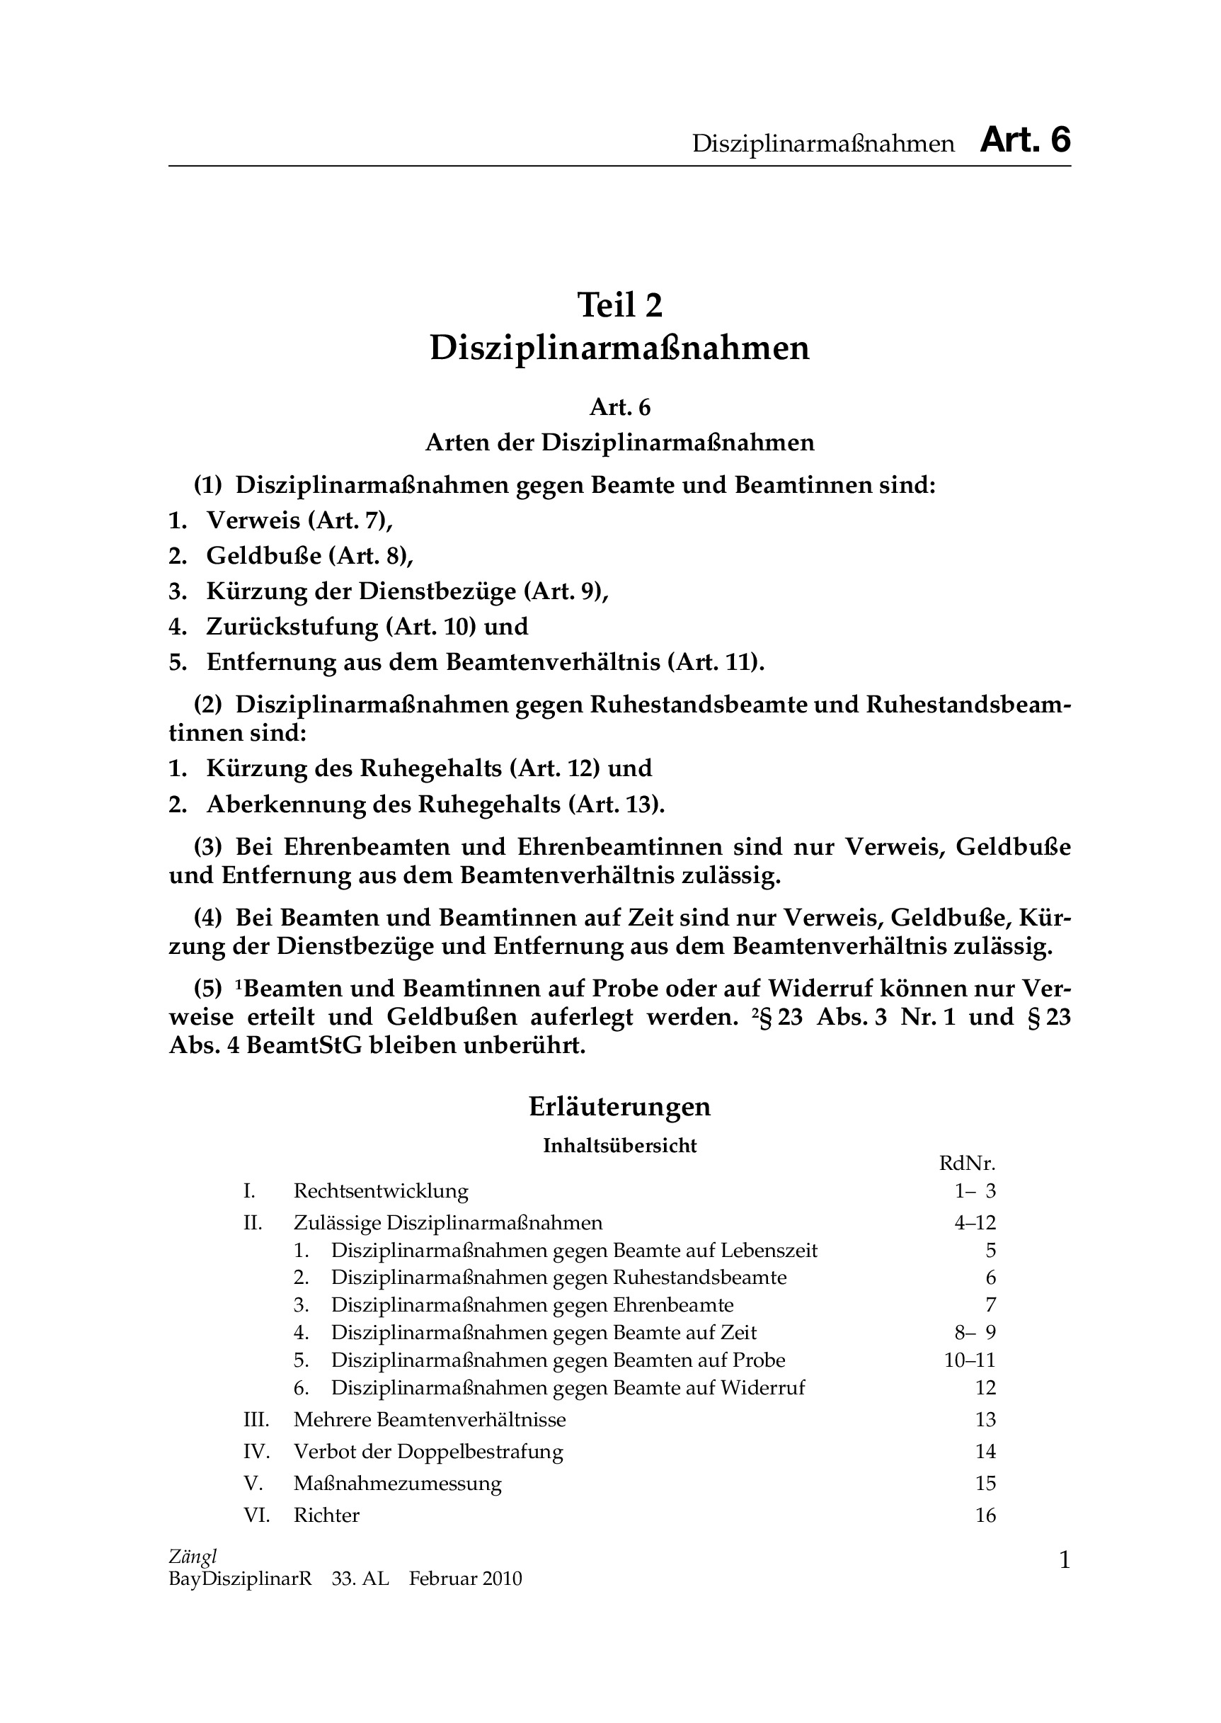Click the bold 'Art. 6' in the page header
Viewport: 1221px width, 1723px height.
click(1025, 141)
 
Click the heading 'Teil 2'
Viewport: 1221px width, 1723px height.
click(619, 305)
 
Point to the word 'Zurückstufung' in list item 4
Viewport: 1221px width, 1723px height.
click(292, 627)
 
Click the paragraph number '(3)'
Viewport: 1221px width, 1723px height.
click(208, 848)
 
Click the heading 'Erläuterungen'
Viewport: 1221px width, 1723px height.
click(619, 1107)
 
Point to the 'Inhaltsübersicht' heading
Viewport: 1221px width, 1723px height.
click(619, 1145)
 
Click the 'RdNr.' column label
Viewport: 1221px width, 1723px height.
click(967, 1164)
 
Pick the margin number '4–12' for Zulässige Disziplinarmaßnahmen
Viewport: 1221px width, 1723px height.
click(975, 1223)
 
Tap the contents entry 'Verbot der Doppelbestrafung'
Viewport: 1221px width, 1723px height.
click(428, 1452)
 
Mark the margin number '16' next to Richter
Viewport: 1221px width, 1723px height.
click(985, 1516)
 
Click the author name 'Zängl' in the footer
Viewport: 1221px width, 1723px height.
click(193, 1557)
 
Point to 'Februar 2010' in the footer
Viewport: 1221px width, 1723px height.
click(465, 1579)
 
